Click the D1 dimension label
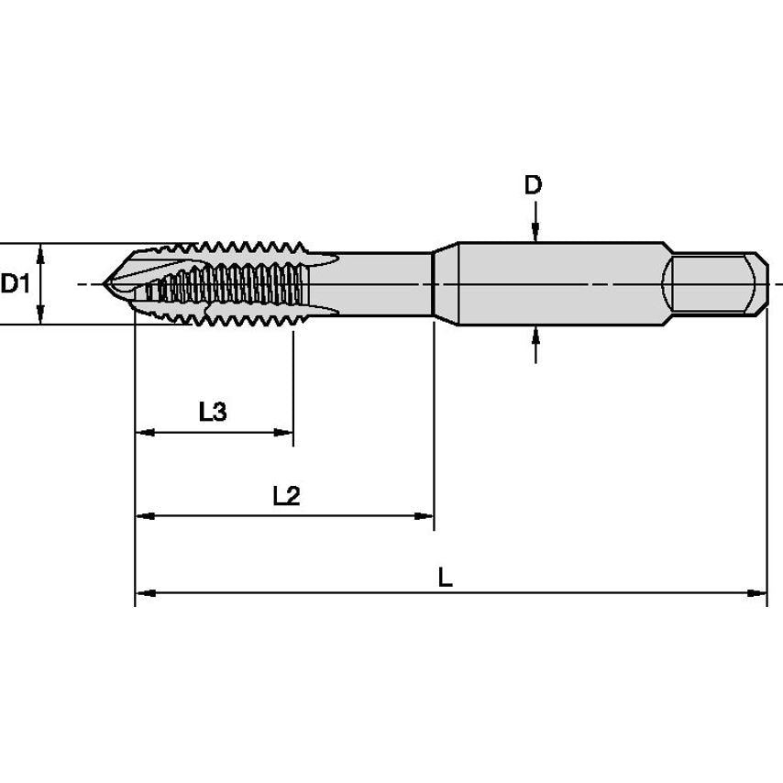click(x=15, y=284)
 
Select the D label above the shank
click(x=533, y=185)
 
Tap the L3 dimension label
click(x=213, y=412)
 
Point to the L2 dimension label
click(x=286, y=496)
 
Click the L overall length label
click(x=445, y=578)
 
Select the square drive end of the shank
click(x=718, y=283)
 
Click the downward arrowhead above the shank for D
click(x=535, y=235)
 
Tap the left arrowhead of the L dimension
click(x=143, y=593)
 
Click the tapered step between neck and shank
click(x=444, y=283)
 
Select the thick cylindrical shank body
click(x=559, y=283)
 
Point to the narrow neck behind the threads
click(x=385, y=283)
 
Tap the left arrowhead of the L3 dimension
click(x=143, y=433)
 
